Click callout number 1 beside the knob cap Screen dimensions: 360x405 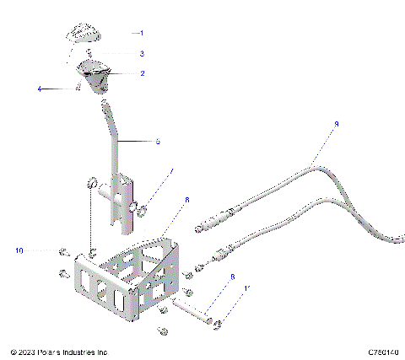(x=142, y=33)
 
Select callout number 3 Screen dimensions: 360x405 (x=142, y=53)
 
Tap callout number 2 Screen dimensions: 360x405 (x=142, y=73)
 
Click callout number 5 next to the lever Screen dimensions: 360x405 (x=157, y=142)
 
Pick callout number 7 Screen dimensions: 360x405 (x=172, y=172)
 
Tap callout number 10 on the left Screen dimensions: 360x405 (x=19, y=250)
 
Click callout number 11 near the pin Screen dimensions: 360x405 (x=246, y=289)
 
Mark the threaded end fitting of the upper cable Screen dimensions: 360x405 (x=210, y=223)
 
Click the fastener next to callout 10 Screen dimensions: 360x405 (x=65, y=251)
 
